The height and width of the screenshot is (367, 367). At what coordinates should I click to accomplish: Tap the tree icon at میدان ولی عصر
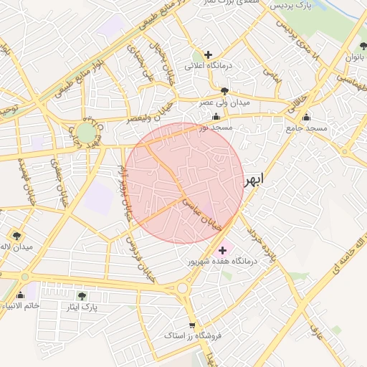click(225, 91)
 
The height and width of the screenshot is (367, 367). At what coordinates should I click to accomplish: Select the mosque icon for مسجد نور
click(216, 115)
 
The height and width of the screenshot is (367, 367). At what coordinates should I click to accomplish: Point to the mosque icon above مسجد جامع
click(307, 117)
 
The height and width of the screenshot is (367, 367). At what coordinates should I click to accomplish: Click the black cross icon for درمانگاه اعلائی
click(209, 54)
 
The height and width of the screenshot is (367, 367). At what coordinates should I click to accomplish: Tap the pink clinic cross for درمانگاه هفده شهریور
click(222, 250)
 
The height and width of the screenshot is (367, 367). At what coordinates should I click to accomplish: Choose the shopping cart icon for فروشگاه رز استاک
click(191, 323)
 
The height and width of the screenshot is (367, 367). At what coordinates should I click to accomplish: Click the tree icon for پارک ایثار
click(81, 295)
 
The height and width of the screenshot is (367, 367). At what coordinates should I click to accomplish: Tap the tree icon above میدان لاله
click(16, 235)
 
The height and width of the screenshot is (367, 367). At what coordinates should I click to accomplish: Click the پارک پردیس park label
click(293, 7)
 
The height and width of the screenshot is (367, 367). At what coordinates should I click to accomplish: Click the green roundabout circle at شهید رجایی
click(85, 133)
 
